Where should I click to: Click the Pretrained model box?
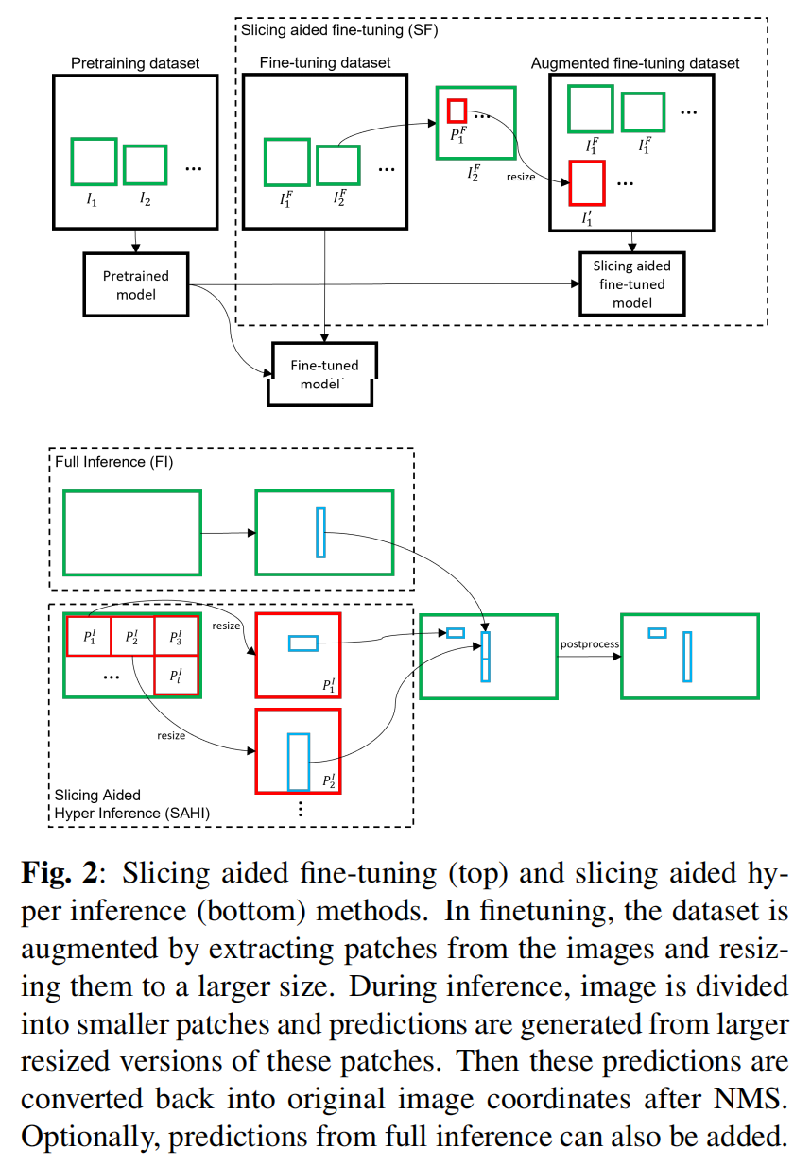click(x=136, y=284)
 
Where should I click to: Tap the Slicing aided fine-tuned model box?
click(x=631, y=283)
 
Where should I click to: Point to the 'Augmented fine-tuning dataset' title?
click(x=635, y=63)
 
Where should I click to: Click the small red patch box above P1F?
click(x=457, y=111)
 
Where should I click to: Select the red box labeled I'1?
click(x=586, y=183)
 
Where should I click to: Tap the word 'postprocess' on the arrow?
click(x=589, y=644)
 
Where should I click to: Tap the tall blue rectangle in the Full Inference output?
click(x=320, y=533)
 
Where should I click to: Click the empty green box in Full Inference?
click(x=132, y=533)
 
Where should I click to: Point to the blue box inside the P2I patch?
click(x=299, y=762)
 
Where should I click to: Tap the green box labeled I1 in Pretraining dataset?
click(x=95, y=162)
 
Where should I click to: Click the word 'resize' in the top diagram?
click(x=522, y=176)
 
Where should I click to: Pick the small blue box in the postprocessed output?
click(x=657, y=632)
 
